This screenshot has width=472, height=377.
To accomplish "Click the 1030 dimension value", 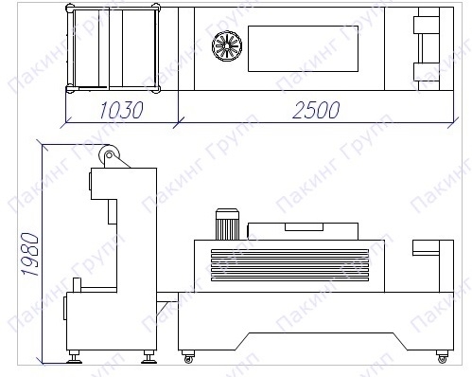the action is pyautogui.click(x=121, y=110).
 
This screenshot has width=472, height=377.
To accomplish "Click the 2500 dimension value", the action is pyautogui.click(x=316, y=110).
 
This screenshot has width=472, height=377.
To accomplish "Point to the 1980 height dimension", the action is pyautogui.click(x=29, y=254).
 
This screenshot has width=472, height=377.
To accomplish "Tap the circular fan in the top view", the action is pyautogui.click(x=227, y=46).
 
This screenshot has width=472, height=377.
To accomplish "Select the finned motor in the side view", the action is pyautogui.click(x=227, y=224).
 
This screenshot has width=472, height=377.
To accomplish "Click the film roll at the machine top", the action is pyautogui.click(x=109, y=155).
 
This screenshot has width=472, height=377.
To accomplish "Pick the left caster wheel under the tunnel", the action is pyautogui.click(x=188, y=358).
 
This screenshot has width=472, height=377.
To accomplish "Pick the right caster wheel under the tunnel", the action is pyautogui.click(x=443, y=358).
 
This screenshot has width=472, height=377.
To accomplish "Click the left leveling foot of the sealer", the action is pyautogui.click(x=75, y=357).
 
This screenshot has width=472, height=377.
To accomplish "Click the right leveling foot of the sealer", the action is pyautogui.click(x=149, y=357).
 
